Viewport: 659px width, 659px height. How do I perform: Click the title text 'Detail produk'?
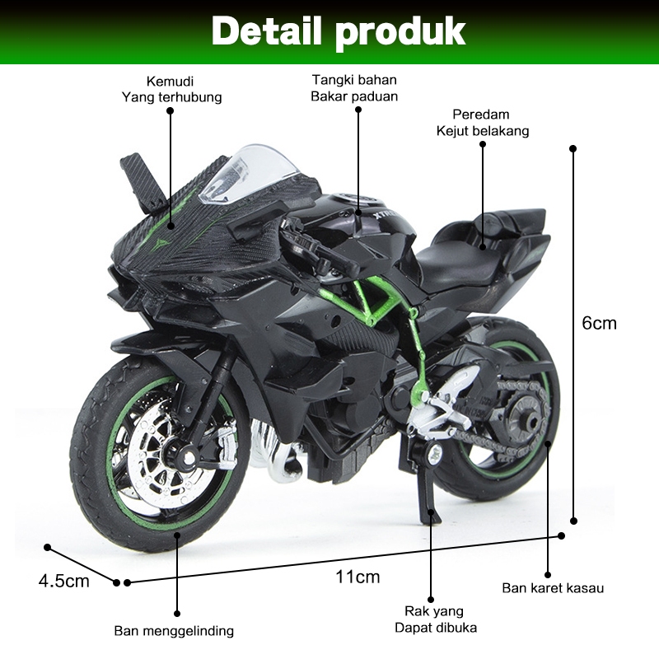pos(338,32)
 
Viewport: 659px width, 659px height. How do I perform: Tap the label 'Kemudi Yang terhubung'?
pos(171,90)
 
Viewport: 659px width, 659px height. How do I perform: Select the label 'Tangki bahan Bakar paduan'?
pos(354,88)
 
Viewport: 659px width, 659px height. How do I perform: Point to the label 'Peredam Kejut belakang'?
pos(483,123)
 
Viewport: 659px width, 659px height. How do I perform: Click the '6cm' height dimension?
pos(599,324)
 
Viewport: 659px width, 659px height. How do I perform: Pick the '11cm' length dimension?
pos(358,576)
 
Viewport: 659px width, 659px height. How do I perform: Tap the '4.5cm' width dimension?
pos(64,582)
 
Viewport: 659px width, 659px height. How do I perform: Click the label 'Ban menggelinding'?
pos(174,632)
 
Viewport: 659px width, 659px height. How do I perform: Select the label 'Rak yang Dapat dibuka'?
pos(434,619)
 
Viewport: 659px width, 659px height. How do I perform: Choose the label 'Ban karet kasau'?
pos(554,588)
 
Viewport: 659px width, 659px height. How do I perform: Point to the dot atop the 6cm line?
pos(573,149)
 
